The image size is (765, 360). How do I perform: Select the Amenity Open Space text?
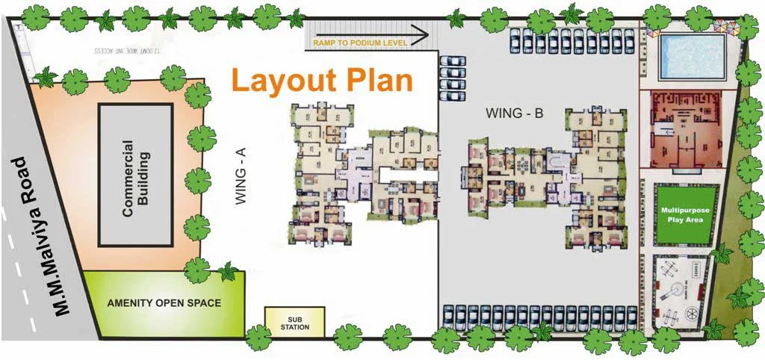point(164,303)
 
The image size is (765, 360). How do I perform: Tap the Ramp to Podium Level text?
point(360,43)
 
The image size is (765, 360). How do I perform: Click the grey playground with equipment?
point(680,291)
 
